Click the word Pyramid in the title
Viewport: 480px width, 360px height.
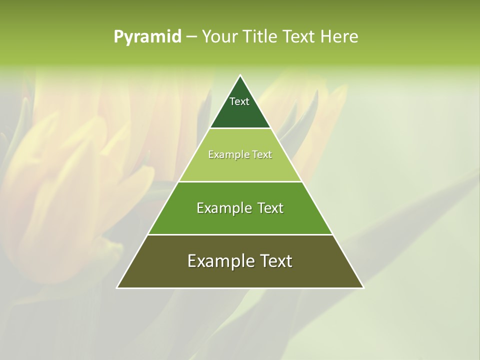pos(147,37)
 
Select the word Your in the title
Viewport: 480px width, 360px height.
pos(219,37)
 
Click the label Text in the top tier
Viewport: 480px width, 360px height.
pos(239,101)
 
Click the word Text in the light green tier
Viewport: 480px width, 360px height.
pos(262,155)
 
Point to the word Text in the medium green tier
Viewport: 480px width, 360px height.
pos(270,208)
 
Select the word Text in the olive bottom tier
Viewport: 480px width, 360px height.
pos(276,261)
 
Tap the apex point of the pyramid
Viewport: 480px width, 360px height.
pos(240,76)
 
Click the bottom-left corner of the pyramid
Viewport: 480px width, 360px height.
pos(117,287)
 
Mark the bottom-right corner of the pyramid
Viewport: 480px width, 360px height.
pos(363,287)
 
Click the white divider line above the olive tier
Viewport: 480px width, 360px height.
pos(240,234)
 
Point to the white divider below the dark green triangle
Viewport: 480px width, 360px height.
pos(240,128)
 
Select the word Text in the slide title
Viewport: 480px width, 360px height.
pos(300,37)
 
